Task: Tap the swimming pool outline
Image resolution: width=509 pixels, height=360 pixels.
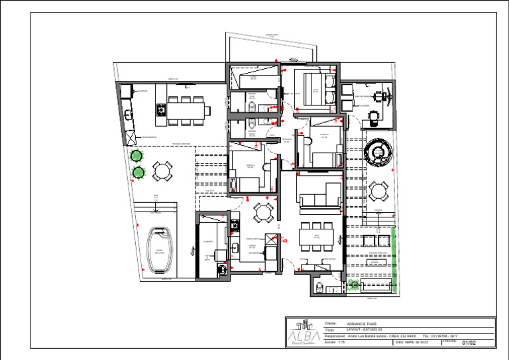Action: tap(160, 251)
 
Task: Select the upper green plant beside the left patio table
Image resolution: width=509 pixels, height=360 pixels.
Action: tap(137, 157)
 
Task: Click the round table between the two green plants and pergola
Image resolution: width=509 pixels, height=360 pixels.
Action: tap(162, 172)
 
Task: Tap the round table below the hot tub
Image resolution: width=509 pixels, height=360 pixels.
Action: tap(378, 192)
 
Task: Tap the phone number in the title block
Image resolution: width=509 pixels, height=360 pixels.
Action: tap(439, 336)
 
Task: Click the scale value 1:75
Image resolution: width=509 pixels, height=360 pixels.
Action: tap(341, 342)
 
